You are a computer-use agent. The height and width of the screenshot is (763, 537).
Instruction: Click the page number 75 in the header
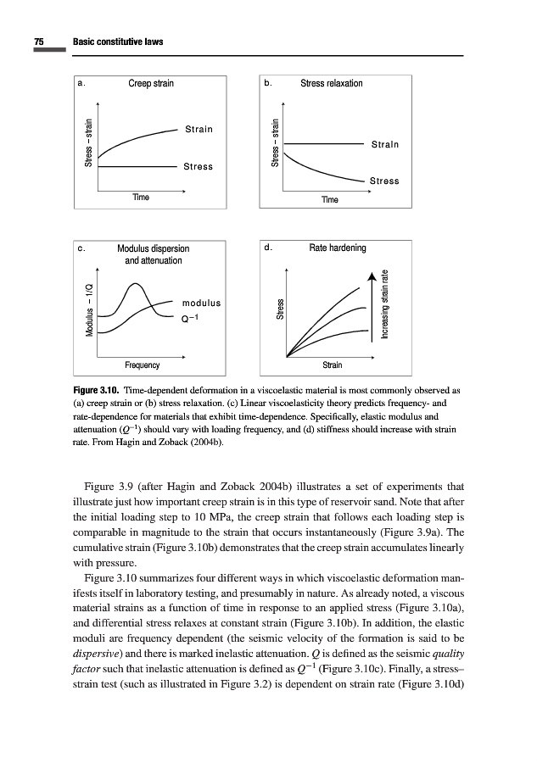click(39, 42)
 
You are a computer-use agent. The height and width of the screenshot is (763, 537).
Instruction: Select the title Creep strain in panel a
click(151, 84)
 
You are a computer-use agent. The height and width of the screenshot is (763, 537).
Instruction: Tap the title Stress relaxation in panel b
click(332, 84)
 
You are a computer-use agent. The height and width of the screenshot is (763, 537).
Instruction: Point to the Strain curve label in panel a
click(199, 130)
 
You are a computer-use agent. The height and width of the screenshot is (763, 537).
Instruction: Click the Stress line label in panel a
click(198, 166)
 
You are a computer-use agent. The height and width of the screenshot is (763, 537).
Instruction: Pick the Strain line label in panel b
click(384, 145)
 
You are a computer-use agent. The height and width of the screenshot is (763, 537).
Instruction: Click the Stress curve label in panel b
click(384, 181)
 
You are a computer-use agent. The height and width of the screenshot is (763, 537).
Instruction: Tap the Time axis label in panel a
click(141, 197)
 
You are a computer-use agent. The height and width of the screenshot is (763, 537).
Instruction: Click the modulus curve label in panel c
click(201, 303)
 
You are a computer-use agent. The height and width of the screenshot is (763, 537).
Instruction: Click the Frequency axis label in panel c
click(142, 365)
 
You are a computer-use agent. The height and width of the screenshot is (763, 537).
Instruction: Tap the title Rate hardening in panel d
click(338, 248)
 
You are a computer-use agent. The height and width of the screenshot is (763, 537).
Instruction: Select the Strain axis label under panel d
click(333, 365)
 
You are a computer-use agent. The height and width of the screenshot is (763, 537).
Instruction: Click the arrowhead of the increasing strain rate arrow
click(371, 279)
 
